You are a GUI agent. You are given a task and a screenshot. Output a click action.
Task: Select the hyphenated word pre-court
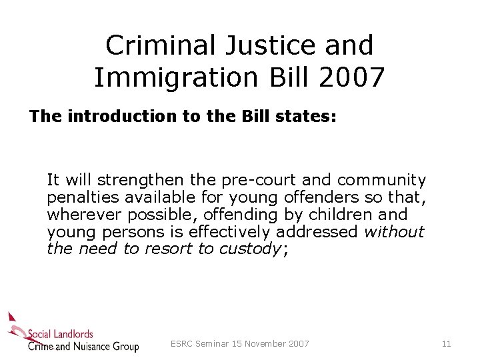[257, 180]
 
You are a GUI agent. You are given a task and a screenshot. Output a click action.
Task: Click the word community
[381, 180]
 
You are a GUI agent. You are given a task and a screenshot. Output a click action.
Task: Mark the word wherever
[79, 215]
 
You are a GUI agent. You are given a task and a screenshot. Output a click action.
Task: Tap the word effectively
[230, 232]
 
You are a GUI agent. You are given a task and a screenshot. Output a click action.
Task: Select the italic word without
[394, 232]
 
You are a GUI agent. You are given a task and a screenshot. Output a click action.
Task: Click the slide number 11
[446, 344]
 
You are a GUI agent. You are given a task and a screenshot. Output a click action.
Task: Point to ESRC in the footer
[182, 344]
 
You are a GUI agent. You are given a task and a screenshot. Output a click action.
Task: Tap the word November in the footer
[265, 344]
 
